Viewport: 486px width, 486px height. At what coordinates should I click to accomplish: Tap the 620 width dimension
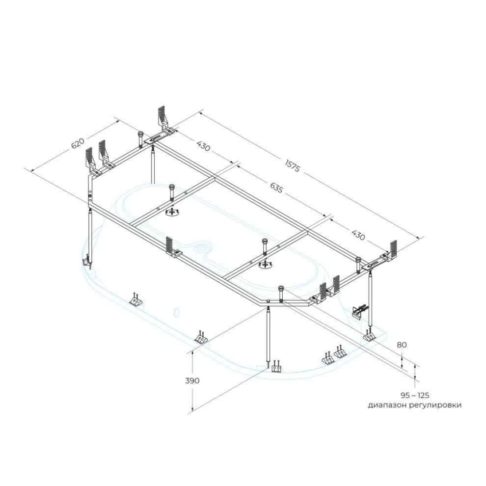78,143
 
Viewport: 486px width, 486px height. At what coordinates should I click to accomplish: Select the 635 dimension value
276,188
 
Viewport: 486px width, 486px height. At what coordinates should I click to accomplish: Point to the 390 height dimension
192,380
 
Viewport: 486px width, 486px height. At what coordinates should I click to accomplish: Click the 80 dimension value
402,345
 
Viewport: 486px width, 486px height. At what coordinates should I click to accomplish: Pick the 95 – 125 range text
415,395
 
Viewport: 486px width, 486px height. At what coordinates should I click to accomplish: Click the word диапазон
387,405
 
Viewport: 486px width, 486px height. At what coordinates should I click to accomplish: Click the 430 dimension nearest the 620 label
203,145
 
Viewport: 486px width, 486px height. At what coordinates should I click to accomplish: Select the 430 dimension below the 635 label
358,235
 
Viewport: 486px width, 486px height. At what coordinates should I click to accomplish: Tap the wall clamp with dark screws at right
359,311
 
